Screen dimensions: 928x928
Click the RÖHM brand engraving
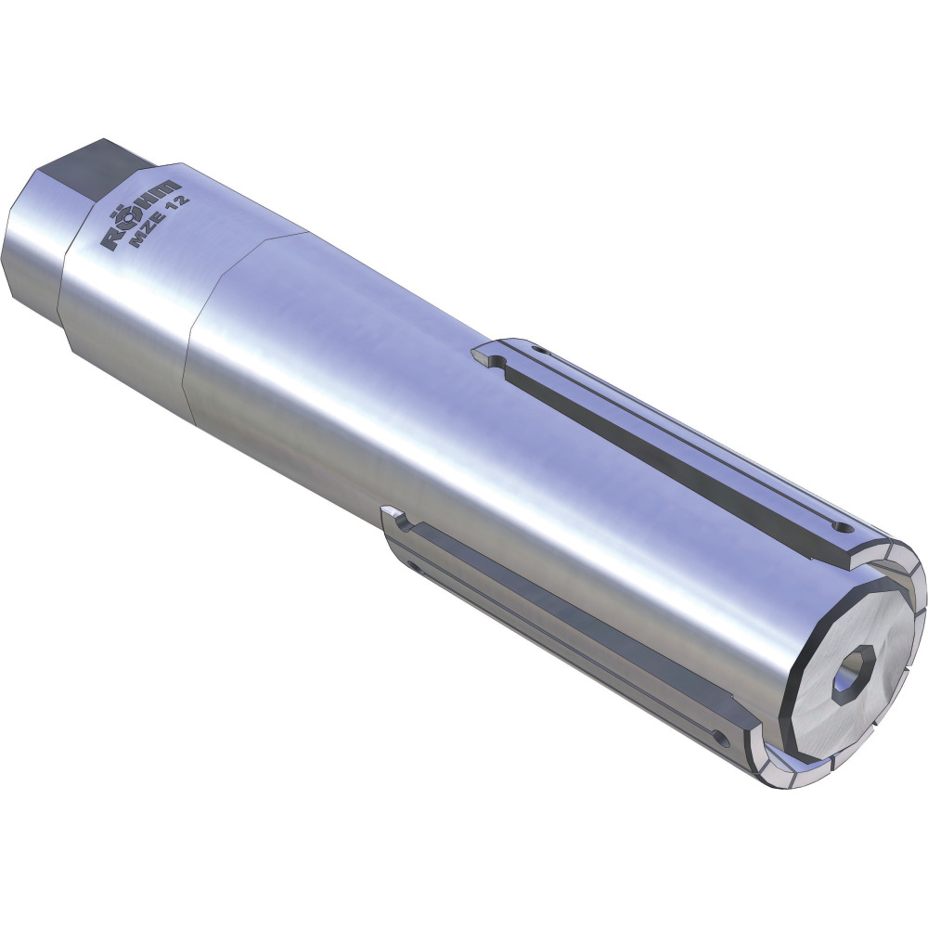141,213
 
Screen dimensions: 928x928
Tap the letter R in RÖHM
112,239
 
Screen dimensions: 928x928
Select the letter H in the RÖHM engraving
148,205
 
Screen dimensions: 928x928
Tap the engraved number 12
180,202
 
